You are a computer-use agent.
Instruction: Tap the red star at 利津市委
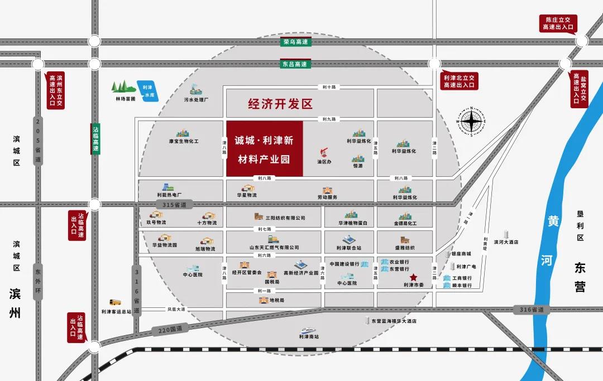(413, 277)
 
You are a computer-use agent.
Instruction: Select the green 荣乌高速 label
(296, 42)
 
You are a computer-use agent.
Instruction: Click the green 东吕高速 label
(296, 64)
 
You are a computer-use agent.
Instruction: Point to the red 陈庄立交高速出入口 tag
(558, 23)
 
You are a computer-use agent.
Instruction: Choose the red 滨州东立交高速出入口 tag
(56, 90)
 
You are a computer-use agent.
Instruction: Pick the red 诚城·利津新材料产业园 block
(264, 149)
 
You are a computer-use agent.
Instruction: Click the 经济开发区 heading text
(280, 104)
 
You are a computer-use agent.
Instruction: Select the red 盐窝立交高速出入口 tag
(579, 89)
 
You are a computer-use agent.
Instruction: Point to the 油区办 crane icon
(324, 152)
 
